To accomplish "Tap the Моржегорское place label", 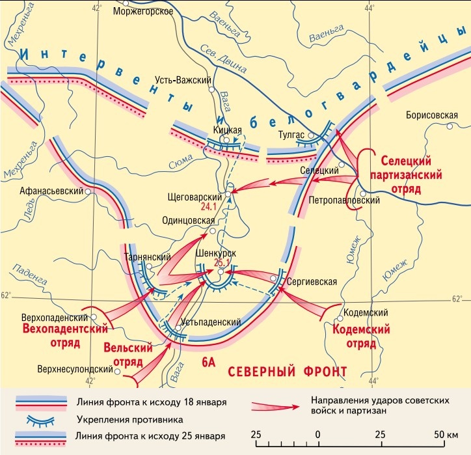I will (x=142, y=12).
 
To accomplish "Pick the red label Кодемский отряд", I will (x=361, y=336).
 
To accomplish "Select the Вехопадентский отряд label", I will (x=55, y=331).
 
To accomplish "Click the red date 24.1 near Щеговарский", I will (x=208, y=207).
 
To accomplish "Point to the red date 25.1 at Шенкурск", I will (x=223, y=263).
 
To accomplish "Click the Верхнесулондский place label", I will (x=75, y=369).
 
